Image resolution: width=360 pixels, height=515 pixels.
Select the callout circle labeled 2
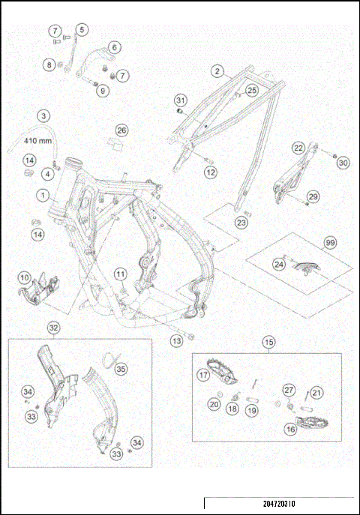click(x=216, y=72)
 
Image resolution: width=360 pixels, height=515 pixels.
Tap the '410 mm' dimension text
click(x=37, y=140)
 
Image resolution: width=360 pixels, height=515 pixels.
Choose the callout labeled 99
click(x=328, y=242)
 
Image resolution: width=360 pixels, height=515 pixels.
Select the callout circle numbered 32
click(x=53, y=328)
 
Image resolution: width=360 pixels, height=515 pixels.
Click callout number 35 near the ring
click(x=121, y=369)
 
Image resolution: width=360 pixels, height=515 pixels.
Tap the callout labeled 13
click(x=176, y=341)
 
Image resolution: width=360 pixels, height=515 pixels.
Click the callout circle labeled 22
click(x=298, y=148)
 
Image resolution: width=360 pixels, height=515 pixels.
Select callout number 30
click(x=343, y=162)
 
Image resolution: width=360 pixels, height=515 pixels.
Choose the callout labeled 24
click(x=278, y=264)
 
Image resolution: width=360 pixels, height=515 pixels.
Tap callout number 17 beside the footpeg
click(x=202, y=374)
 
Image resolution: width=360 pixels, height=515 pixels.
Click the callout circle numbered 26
click(x=121, y=130)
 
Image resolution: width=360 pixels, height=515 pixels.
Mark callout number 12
click(x=211, y=172)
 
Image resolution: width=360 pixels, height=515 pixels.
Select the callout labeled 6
click(x=115, y=47)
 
